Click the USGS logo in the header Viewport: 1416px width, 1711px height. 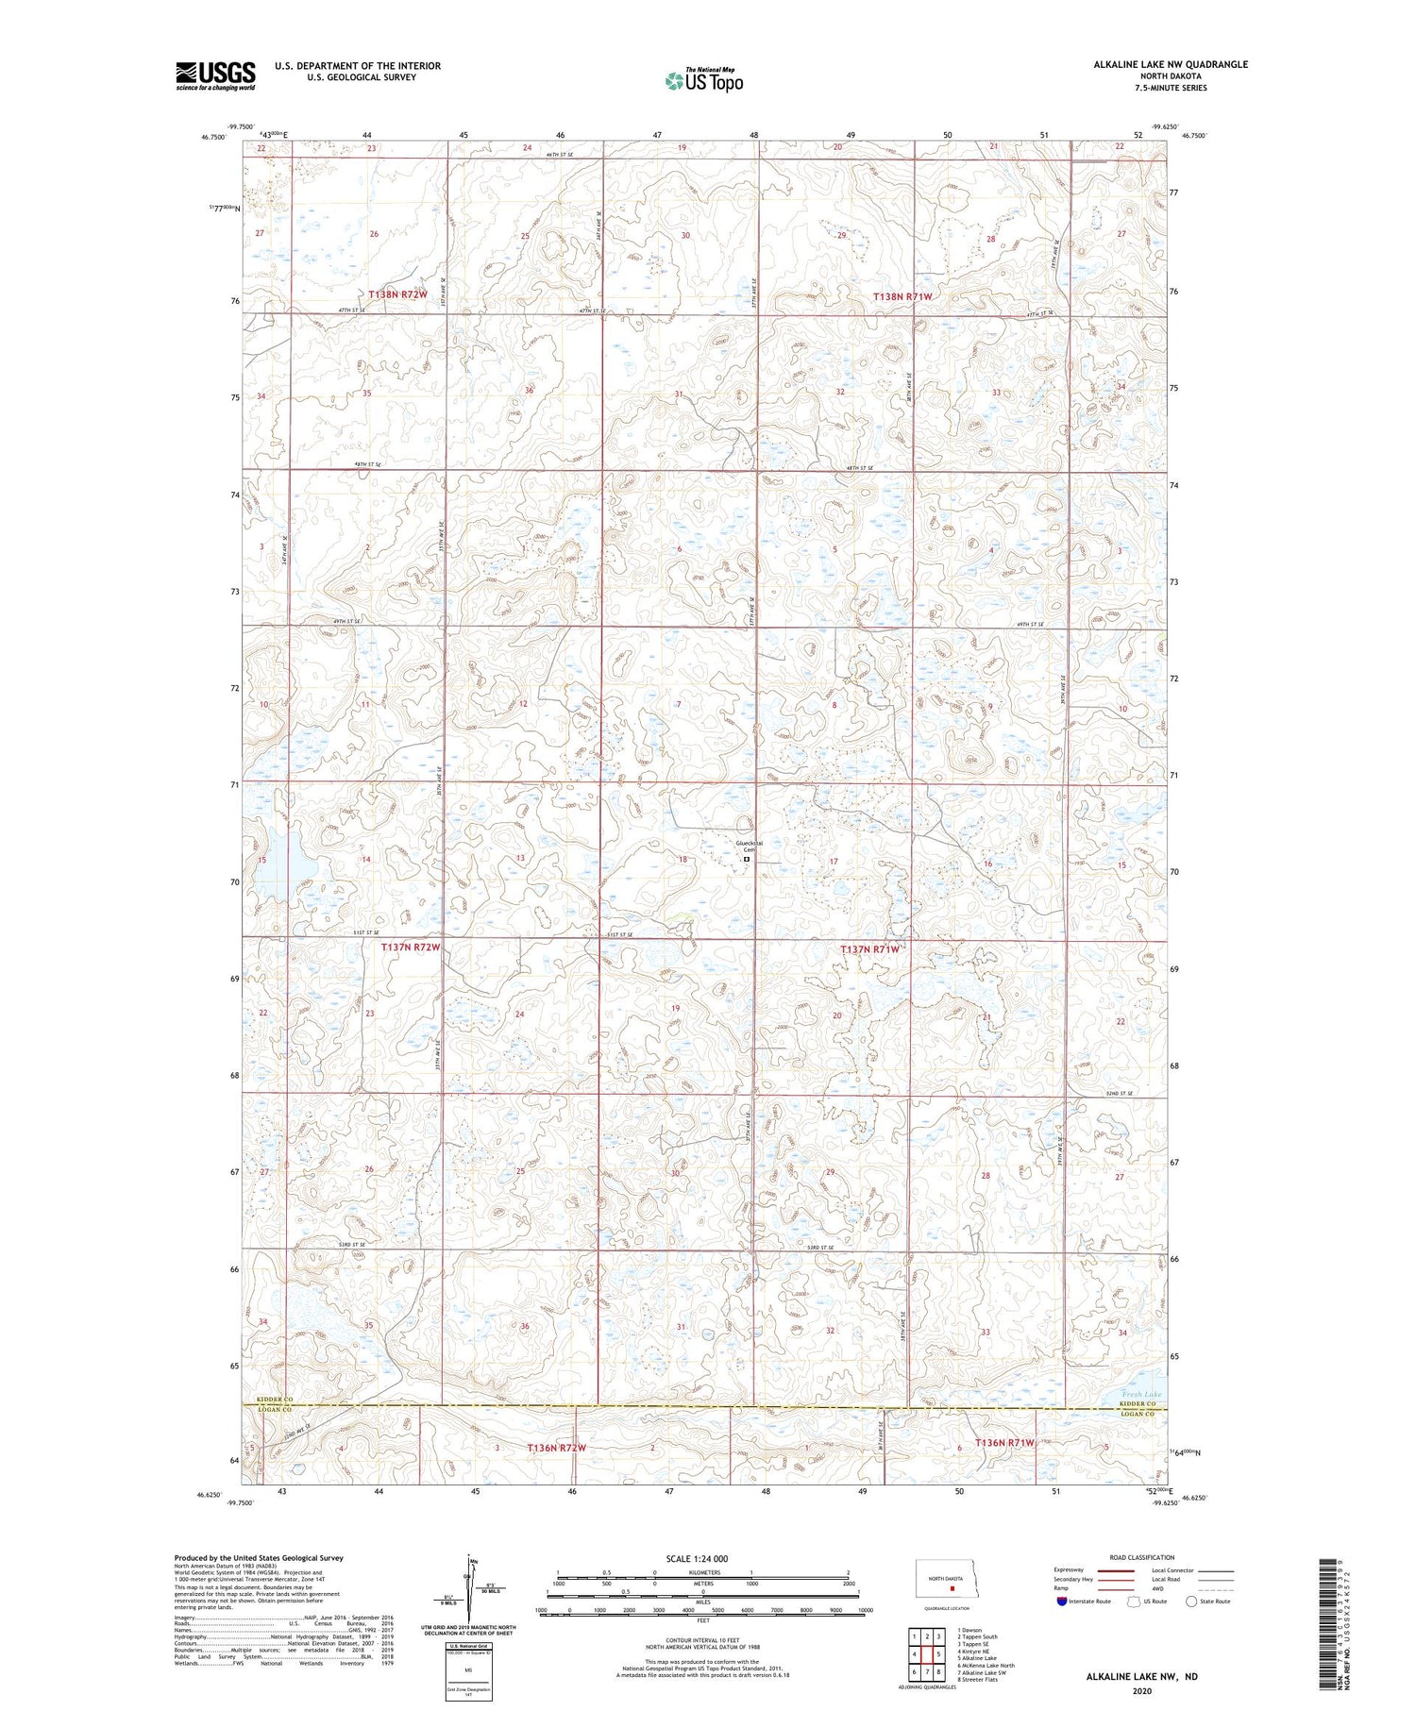[x=215, y=75]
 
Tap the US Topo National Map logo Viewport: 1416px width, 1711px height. [x=703, y=80]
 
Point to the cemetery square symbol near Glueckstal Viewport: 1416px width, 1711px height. [x=747, y=860]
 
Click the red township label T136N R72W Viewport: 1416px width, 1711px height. [x=556, y=1448]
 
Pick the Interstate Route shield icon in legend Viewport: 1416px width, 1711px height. [x=1062, y=1601]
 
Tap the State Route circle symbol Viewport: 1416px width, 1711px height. [x=1191, y=1601]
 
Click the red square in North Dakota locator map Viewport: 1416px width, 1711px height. [x=952, y=1587]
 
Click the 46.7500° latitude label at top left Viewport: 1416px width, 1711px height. [x=213, y=137]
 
